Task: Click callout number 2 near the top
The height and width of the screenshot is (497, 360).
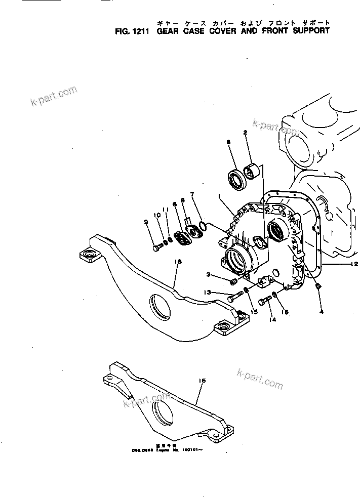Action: click(246, 133)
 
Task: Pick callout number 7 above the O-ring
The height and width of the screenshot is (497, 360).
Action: click(192, 194)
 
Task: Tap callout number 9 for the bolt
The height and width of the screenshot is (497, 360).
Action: click(146, 221)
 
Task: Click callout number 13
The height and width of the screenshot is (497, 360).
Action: click(208, 293)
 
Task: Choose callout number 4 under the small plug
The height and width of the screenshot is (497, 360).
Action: click(321, 312)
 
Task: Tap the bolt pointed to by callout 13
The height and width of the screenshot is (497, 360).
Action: click(232, 299)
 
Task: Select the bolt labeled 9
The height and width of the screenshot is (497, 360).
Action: click(157, 247)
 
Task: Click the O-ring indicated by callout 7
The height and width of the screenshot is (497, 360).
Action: click(203, 227)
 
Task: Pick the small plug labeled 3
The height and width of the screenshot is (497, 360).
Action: click(234, 281)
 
